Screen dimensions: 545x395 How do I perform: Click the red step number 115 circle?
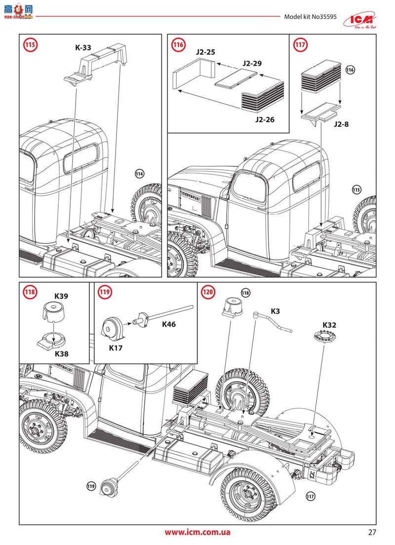click(30, 45)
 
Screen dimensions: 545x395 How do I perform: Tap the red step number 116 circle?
click(178, 45)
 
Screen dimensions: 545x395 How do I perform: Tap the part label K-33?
click(83, 48)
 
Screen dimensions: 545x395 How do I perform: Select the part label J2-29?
click(252, 64)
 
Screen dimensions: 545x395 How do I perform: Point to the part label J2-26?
click(265, 120)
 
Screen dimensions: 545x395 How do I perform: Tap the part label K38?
click(61, 354)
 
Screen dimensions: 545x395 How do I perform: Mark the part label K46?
click(168, 324)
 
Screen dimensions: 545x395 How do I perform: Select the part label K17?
click(117, 348)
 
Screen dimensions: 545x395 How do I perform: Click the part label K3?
click(276, 311)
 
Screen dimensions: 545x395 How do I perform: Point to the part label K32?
click(329, 325)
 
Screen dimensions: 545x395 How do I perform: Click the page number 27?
click(372, 532)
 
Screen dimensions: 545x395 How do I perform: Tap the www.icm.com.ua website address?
click(197, 532)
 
